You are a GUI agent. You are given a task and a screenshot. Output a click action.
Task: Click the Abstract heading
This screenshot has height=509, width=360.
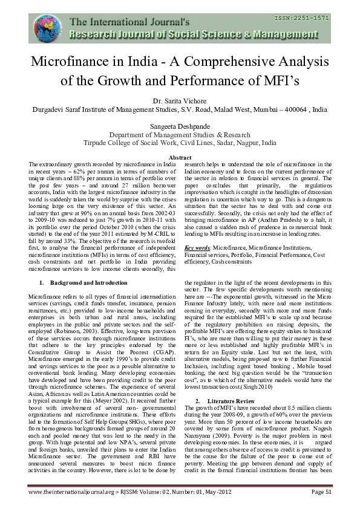point(179,158)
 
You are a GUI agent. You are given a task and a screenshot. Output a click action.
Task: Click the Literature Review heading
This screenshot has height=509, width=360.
point(233,384)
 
